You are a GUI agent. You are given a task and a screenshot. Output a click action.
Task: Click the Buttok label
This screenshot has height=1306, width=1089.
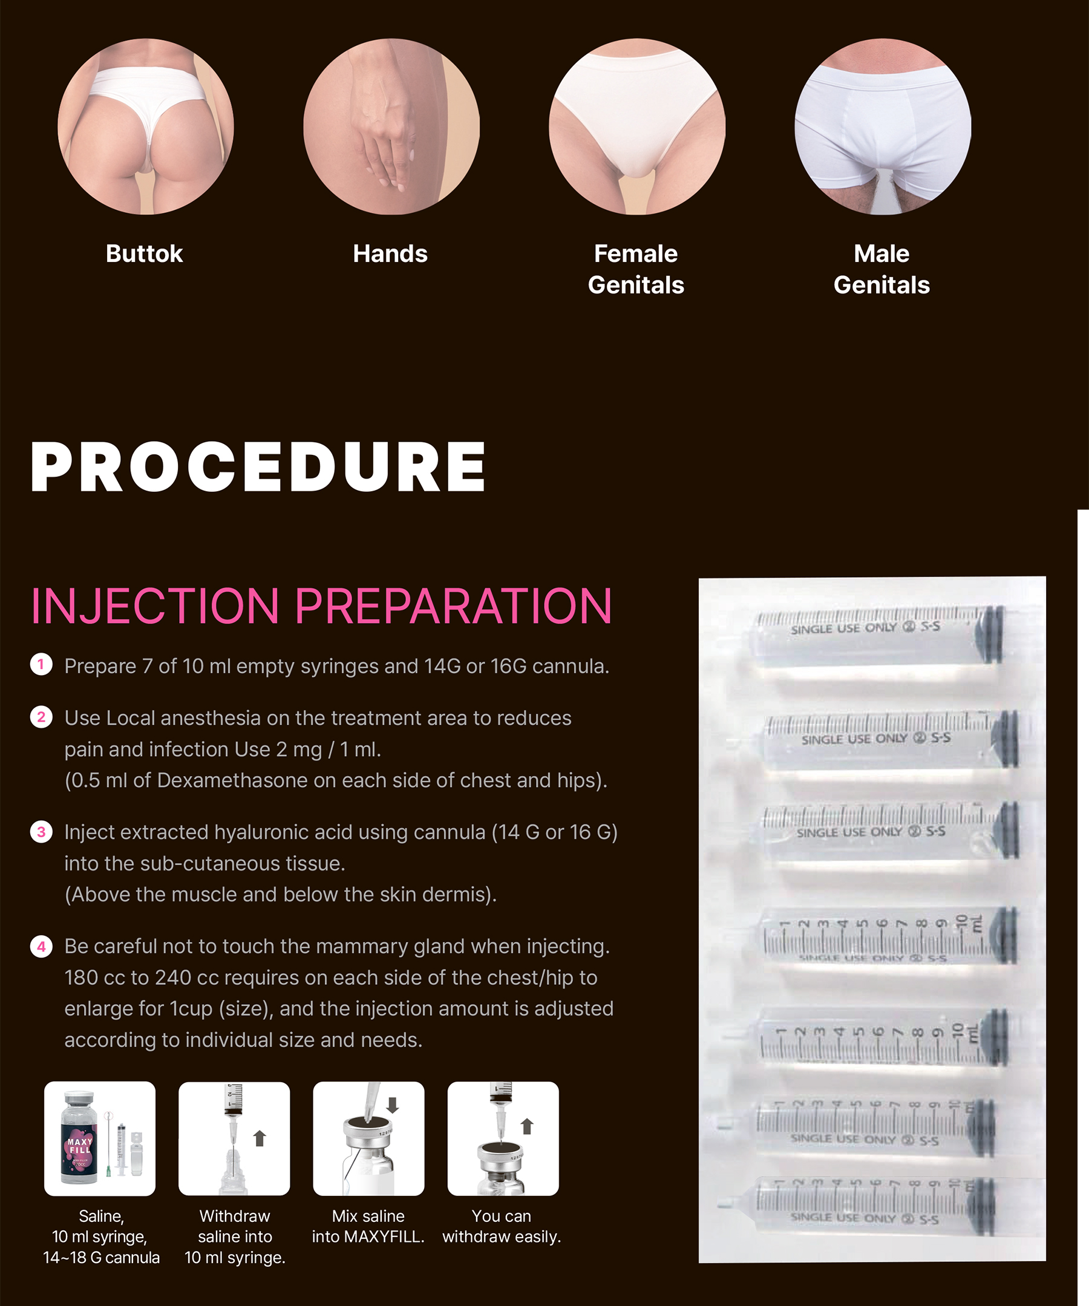[x=144, y=253]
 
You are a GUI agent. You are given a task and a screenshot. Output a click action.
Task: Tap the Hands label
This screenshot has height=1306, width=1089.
[x=390, y=253]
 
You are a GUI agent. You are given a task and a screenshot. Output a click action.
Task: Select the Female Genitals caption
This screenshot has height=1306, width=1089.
[x=636, y=269]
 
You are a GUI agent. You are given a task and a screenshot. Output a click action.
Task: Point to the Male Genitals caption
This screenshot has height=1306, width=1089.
[x=881, y=269]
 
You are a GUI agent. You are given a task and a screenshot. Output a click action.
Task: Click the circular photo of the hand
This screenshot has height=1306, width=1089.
[x=391, y=127]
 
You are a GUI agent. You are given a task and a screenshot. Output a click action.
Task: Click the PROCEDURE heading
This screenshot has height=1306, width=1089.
[x=258, y=467]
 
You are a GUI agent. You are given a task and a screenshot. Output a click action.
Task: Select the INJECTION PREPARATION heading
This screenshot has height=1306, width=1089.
[x=321, y=606]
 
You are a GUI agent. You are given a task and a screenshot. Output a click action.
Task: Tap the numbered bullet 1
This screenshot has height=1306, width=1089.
[x=41, y=664]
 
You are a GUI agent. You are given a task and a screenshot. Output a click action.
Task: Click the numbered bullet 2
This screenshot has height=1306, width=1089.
[x=41, y=716]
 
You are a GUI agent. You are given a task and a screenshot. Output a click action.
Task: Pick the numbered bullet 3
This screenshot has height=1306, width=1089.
[x=41, y=832]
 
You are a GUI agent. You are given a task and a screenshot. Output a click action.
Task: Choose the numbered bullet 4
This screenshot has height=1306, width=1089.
[x=41, y=947]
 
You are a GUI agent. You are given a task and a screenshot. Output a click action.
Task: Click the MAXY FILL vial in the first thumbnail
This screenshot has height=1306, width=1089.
[x=80, y=1139]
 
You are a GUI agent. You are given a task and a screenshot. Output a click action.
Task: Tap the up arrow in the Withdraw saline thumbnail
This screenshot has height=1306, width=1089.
[x=260, y=1138]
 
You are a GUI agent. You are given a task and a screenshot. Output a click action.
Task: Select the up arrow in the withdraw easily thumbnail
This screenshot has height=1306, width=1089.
[x=527, y=1126]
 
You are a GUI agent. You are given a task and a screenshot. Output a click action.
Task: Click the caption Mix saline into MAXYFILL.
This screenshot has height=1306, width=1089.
[x=368, y=1226]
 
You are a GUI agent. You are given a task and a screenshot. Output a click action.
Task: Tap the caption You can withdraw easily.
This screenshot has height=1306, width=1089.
[x=502, y=1226]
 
